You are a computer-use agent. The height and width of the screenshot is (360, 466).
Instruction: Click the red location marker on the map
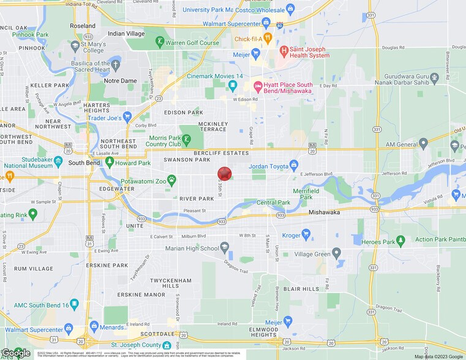(225, 174)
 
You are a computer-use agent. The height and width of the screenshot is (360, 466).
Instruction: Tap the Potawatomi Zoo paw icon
(172, 180)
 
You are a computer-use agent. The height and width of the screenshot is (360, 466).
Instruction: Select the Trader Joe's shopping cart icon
(127, 116)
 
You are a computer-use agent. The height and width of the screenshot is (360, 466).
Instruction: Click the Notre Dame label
(120, 80)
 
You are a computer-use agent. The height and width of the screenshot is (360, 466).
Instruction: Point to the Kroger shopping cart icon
(306, 233)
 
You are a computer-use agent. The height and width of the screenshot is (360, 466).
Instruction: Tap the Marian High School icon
(225, 247)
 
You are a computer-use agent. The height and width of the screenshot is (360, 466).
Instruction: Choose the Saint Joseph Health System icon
(284, 51)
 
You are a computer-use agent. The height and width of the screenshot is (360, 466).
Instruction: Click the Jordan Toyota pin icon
(294, 165)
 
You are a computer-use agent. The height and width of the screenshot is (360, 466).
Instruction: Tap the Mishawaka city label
(324, 212)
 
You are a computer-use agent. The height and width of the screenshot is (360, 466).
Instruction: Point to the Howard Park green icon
(110, 162)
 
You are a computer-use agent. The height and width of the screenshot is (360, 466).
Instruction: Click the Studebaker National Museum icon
(58, 161)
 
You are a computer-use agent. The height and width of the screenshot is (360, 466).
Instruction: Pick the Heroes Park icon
(400, 240)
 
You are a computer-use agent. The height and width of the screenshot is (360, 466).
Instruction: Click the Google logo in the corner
(16, 353)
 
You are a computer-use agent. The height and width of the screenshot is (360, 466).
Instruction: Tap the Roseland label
(83, 26)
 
